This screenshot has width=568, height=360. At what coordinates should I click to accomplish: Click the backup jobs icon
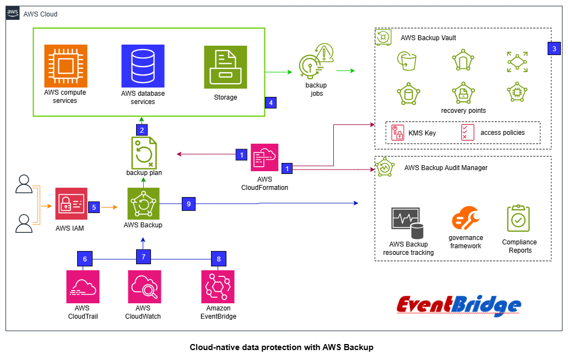(x=316, y=61)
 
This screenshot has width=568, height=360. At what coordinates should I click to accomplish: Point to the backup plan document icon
(x=144, y=152)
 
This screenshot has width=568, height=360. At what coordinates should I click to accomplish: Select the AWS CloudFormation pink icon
(x=264, y=159)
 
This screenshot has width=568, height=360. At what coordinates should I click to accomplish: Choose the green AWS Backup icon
(x=143, y=204)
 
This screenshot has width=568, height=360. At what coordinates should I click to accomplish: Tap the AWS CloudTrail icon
(x=83, y=286)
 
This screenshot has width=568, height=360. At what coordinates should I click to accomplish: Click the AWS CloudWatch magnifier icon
(x=143, y=286)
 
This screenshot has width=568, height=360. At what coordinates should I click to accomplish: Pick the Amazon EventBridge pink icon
(x=218, y=286)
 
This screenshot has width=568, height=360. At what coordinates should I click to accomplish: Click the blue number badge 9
(x=188, y=204)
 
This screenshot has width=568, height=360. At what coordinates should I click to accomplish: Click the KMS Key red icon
(x=397, y=132)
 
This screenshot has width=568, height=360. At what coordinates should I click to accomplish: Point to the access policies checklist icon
(x=467, y=132)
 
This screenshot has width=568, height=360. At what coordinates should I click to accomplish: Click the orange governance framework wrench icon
(x=466, y=219)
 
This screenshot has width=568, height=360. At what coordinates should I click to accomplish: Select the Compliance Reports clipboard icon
(x=518, y=219)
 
